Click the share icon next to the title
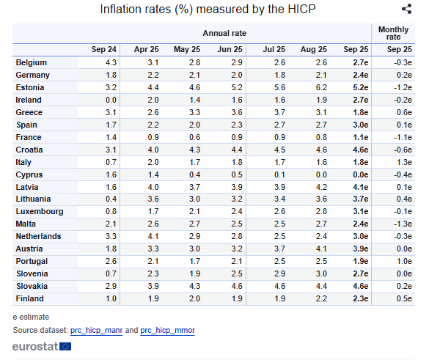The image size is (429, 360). point(406,9)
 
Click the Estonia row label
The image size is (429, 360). point(30,87)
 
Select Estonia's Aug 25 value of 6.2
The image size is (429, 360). point(321,87)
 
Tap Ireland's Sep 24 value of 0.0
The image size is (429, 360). point(111,100)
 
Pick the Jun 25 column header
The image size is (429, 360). point(230,49)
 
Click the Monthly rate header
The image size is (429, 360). point(393,33)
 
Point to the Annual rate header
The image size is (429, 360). point(224,33)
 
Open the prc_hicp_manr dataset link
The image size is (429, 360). point(96,331)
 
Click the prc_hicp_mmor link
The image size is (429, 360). point(167,331)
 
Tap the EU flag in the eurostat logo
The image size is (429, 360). point(65,347)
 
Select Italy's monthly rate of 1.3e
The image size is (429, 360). point(404,162)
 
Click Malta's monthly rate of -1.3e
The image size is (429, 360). point(403,224)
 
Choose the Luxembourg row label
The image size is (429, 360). point(40,212)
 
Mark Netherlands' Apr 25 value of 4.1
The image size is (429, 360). point(153,236)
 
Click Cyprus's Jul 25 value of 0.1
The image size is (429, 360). point(279,175)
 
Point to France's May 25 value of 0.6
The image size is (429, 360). point(194,137)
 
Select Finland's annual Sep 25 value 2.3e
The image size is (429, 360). point(360,298)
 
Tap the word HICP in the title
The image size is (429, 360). point(302,9)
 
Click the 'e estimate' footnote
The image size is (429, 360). point(31,317)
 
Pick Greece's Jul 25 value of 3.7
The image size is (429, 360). point(279,112)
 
